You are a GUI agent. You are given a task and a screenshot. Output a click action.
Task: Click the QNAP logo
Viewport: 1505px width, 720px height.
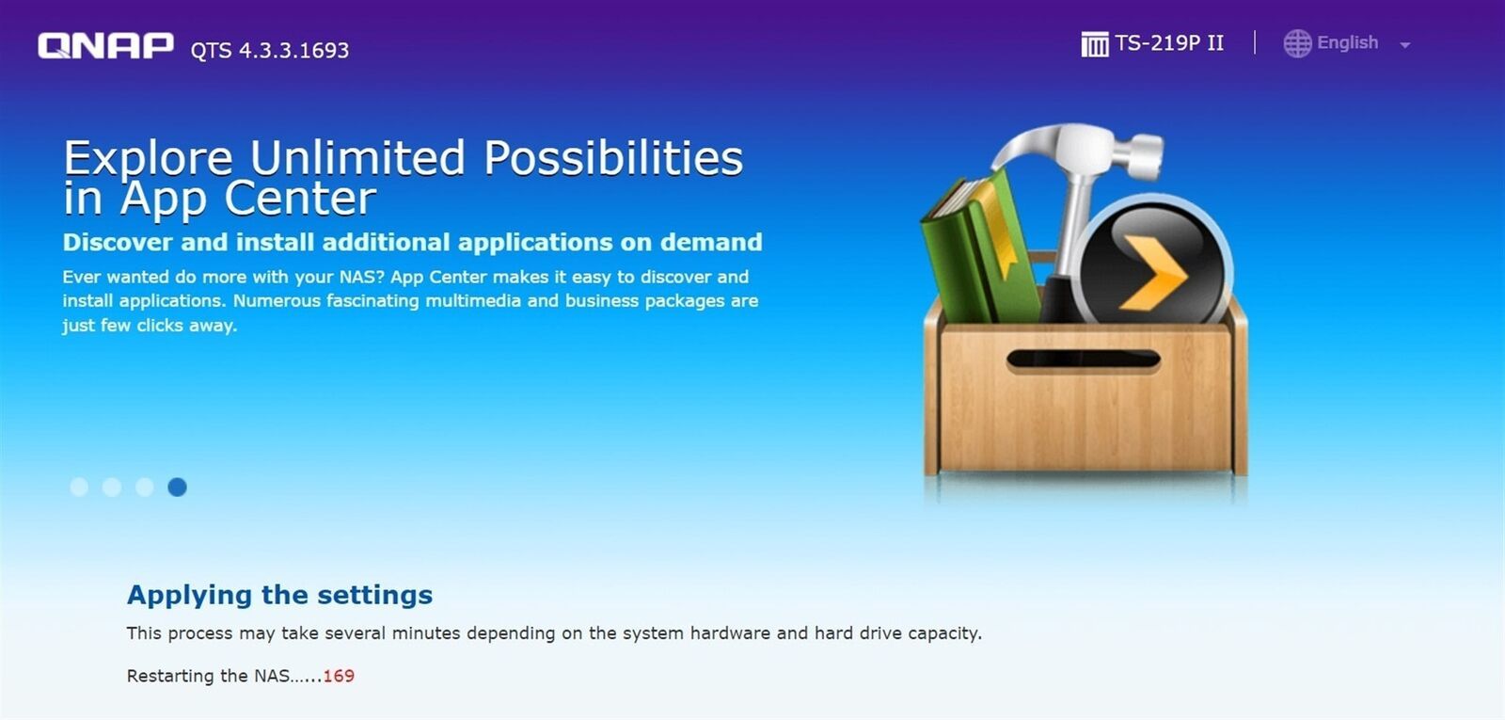click(x=105, y=46)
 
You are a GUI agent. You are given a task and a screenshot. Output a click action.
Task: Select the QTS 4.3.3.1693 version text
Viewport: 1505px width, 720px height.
click(x=270, y=51)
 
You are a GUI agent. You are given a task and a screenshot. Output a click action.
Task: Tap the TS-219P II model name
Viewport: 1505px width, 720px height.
click(x=1169, y=43)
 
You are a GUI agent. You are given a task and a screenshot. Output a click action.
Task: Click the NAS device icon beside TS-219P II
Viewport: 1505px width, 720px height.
click(x=1095, y=44)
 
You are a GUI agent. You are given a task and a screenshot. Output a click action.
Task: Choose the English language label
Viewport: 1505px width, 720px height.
click(x=1347, y=43)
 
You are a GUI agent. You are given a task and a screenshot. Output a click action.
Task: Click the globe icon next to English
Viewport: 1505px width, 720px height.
click(x=1297, y=43)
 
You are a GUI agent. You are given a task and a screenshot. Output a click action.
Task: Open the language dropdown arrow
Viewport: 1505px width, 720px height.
click(x=1404, y=46)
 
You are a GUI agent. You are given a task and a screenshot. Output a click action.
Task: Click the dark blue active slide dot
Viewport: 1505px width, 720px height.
click(x=178, y=487)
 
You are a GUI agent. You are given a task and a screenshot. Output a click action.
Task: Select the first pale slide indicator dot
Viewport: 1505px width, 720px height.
click(x=79, y=487)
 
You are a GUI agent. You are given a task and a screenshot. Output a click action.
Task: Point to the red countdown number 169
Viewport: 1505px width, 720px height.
click(x=339, y=676)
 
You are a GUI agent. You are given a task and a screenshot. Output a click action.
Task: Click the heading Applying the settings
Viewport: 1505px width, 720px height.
click(x=279, y=595)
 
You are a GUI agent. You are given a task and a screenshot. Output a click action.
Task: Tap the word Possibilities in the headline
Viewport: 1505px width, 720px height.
click(x=612, y=159)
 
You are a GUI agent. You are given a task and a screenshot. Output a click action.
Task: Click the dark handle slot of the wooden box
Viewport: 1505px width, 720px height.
click(x=1083, y=360)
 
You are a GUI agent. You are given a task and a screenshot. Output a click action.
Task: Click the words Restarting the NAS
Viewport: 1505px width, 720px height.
click(x=208, y=676)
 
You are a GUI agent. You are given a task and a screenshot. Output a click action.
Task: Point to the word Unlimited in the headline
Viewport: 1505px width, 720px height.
click(x=357, y=159)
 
